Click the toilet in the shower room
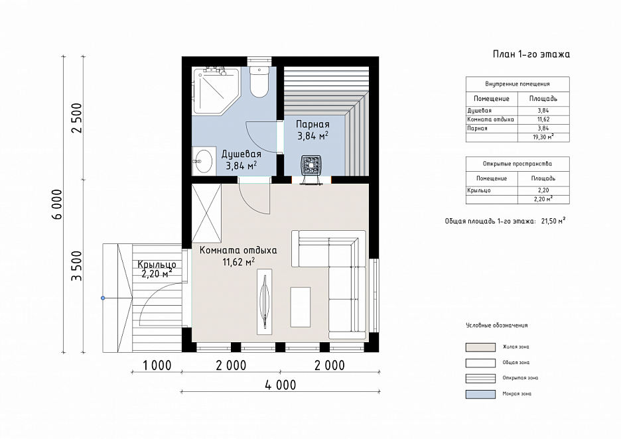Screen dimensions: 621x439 click(259, 82)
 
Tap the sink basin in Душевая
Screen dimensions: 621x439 click(203, 160)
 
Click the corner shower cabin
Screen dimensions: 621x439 click(216, 91)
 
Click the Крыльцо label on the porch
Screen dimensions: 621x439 click(157, 265)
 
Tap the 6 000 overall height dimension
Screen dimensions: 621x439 click(56, 204)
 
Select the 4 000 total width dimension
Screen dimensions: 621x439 click(281, 385)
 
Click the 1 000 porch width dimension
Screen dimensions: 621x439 click(157, 365)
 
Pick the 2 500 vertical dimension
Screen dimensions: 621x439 click(76, 118)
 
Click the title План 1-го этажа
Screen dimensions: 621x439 click(531, 54)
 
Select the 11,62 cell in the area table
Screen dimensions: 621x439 click(543, 119)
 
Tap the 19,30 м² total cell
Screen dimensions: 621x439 click(543, 137)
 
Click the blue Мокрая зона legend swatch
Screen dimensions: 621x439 click(480, 394)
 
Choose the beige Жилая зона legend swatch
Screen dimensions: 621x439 click(480, 347)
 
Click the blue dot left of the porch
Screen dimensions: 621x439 click(103, 298)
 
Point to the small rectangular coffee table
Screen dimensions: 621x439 click(300, 307)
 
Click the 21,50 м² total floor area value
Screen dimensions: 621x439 click(553, 221)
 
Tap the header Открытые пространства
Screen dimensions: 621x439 click(517, 164)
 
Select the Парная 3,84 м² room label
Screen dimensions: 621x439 click(313, 130)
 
